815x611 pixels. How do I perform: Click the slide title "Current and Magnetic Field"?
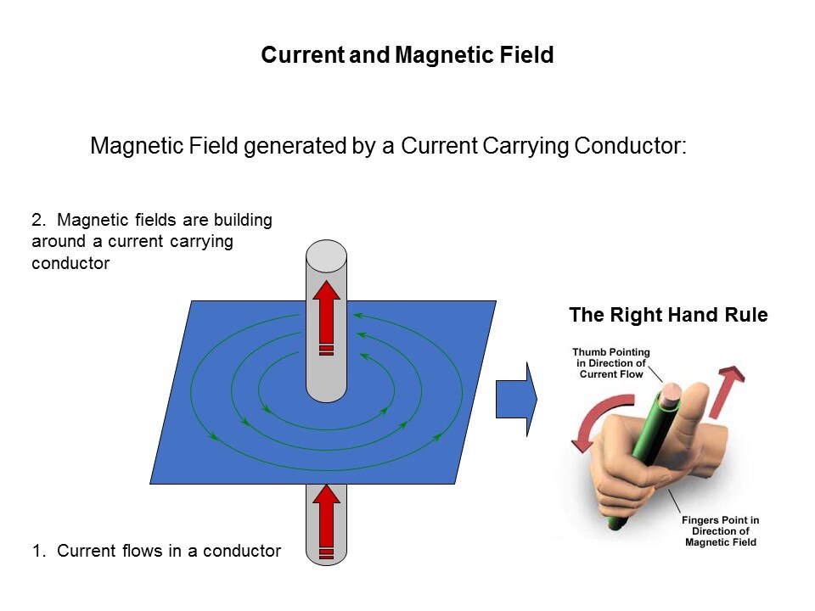click(x=407, y=55)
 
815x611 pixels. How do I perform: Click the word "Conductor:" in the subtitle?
click(x=630, y=145)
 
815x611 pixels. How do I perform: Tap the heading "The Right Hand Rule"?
click(x=668, y=315)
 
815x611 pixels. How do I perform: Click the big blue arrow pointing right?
click(x=517, y=399)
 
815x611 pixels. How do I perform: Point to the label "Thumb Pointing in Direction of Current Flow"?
click(x=611, y=363)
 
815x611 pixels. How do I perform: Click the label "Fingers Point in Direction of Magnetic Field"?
click(x=721, y=531)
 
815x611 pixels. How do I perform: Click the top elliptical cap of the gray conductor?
click(x=326, y=256)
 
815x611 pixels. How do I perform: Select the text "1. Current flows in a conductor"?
click(x=156, y=551)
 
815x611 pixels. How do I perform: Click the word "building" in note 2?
click(x=244, y=221)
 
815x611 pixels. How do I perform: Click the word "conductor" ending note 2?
click(x=70, y=263)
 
